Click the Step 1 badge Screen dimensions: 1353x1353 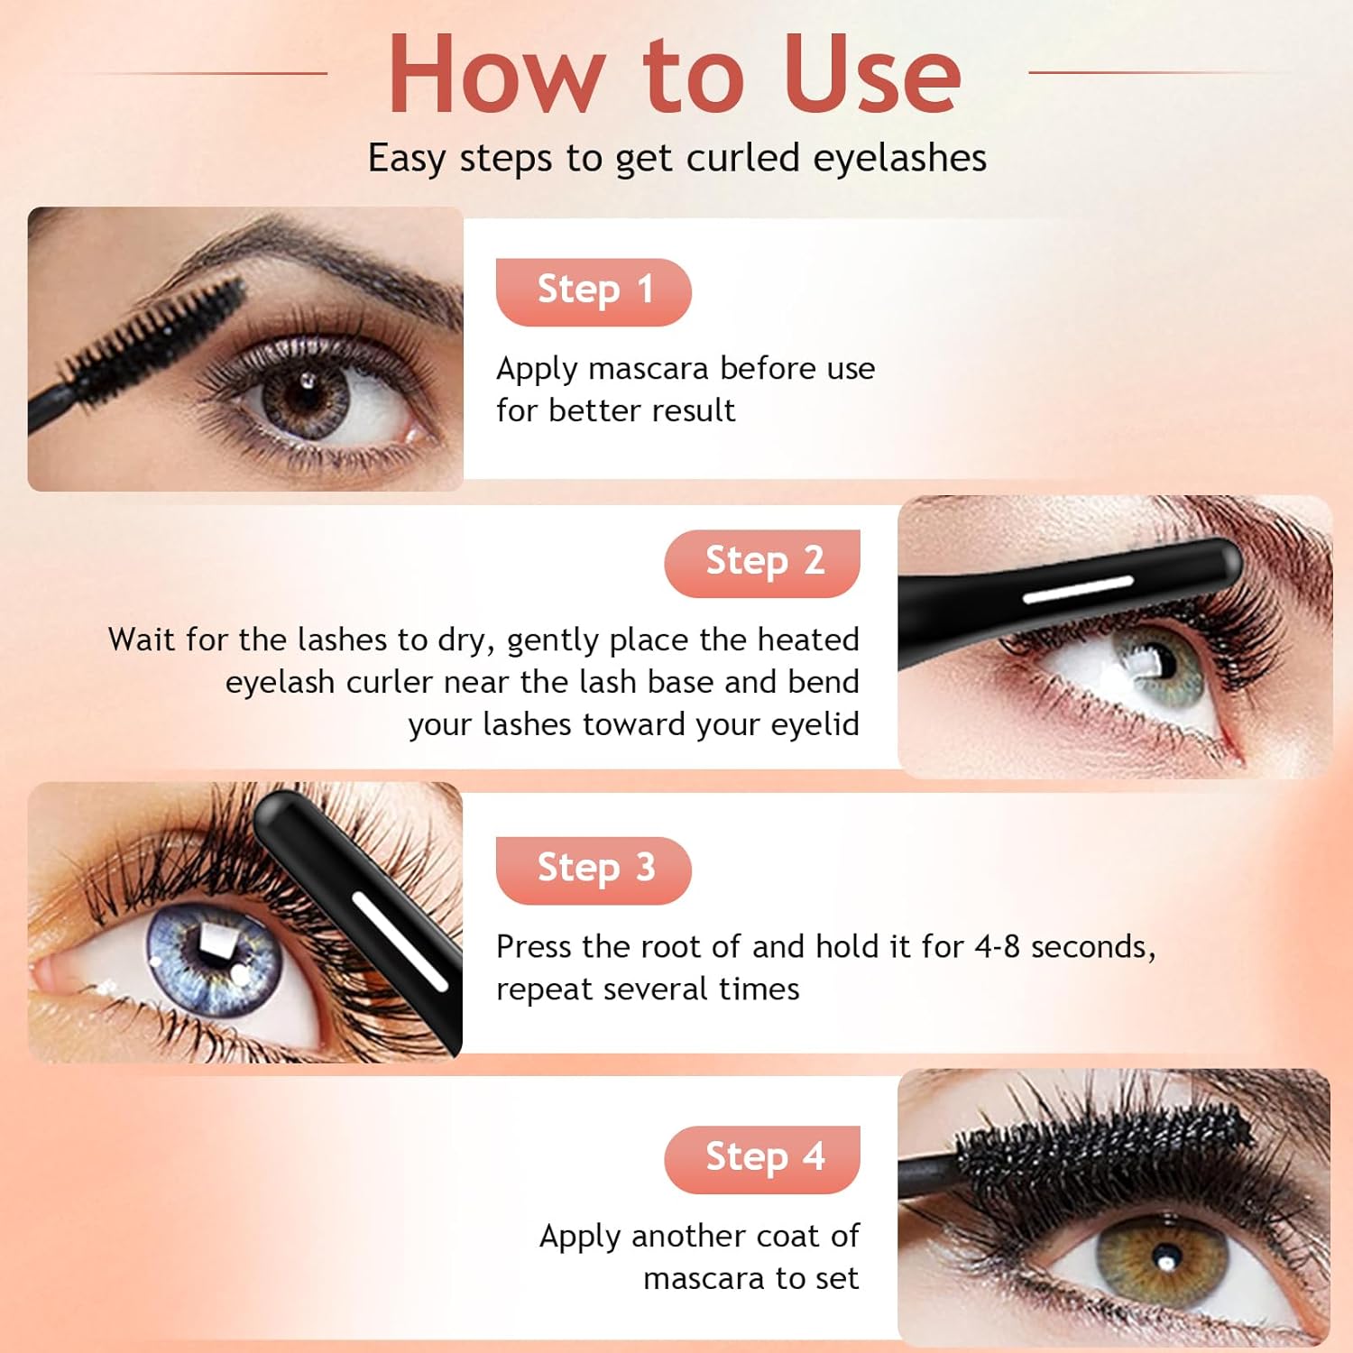pos(594,291)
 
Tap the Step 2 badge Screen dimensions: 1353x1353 pos(762,563)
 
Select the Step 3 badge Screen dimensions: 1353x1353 pos(594,870)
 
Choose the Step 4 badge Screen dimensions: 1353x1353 pos(762,1159)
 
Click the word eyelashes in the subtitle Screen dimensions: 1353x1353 pos(899,158)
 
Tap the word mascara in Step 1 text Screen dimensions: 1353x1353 pos(648,368)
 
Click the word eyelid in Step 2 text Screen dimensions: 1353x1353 pos(815,724)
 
